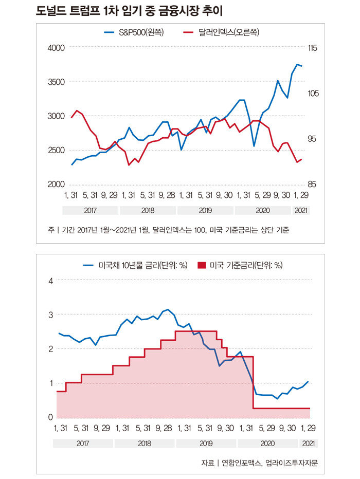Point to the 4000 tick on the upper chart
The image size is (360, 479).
[x=56, y=48]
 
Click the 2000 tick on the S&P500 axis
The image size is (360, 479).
[x=56, y=185]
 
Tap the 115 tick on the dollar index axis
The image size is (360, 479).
[x=314, y=48]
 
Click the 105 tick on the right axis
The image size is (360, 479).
[x=314, y=94]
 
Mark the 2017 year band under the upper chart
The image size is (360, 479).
[x=90, y=210]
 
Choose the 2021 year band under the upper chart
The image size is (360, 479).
[x=301, y=210]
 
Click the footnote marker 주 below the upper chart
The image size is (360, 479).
[x=51, y=230]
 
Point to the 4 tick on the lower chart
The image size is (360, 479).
[x=50, y=281]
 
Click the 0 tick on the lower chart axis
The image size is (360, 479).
[x=50, y=417]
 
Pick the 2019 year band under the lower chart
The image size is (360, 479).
[x=205, y=443]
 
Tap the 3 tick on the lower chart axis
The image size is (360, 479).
[x=50, y=315]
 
